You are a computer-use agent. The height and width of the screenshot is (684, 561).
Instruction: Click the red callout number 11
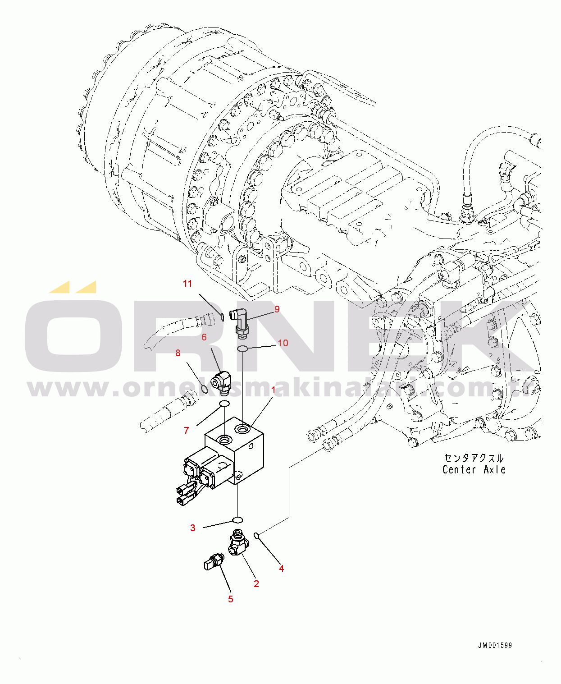(187, 284)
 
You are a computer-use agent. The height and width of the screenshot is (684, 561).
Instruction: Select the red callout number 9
(277, 309)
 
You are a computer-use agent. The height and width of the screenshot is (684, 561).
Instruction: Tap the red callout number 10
(283, 343)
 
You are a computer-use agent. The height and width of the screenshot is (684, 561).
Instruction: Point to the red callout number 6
(204, 337)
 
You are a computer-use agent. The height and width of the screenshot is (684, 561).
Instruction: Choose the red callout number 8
(178, 353)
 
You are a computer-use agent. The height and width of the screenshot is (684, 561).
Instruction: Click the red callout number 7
(187, 431)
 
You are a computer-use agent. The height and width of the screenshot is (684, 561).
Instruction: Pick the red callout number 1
(273, 390)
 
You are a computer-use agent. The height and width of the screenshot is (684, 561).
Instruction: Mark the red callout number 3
(193, 528)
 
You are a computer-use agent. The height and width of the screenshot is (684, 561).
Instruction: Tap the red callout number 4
(282, 568)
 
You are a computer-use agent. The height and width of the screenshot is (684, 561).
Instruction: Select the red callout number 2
(256, 583)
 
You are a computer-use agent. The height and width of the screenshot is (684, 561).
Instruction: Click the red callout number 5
(231, 599)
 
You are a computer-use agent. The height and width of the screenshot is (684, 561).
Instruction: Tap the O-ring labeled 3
(237, 519)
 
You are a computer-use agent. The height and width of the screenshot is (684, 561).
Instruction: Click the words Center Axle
(474, 469)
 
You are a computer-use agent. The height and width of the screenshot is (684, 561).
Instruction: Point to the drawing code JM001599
(495, 645)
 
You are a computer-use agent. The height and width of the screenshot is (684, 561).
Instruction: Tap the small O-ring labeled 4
(256, 535)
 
